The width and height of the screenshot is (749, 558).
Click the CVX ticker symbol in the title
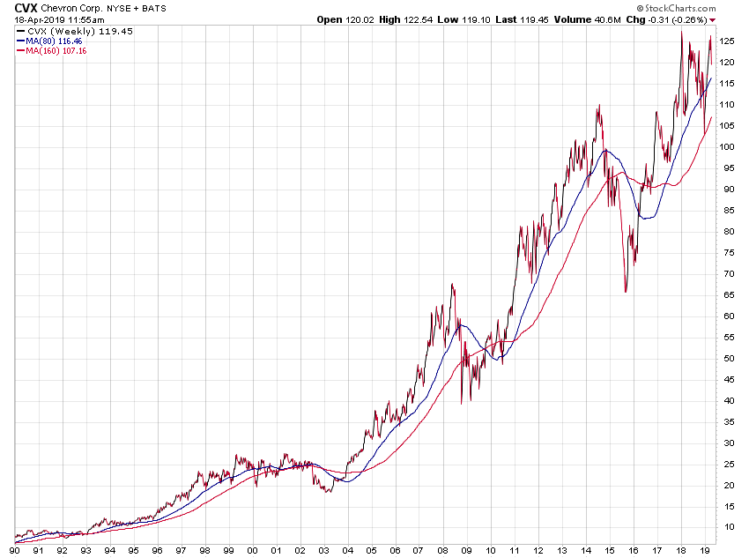coord(26,7)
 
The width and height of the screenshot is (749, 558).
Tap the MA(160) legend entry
coord(56,51)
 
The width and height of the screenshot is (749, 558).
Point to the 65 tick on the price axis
coord(727,295)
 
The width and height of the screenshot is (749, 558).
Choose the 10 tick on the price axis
coord(727,527)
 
